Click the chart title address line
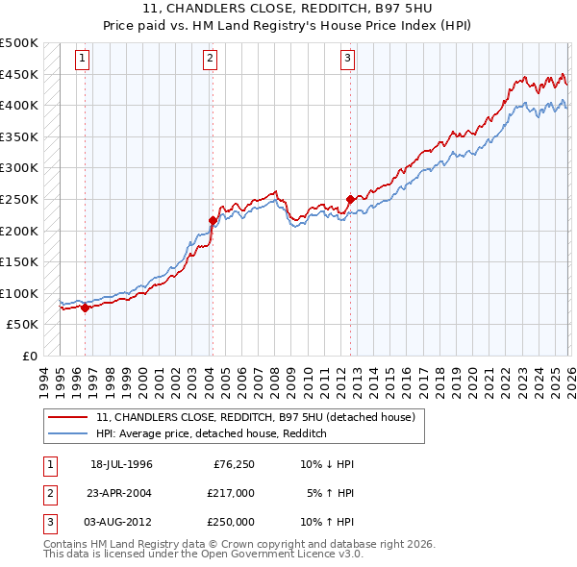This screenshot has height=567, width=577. coord(288,9)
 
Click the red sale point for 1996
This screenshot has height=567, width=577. coord(85,308)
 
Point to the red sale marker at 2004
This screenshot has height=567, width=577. coord(212,220)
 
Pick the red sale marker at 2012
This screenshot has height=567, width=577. coord(350,199)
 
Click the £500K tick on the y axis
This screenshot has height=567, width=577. coord(19,43)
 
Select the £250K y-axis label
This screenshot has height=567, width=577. coord(19,199)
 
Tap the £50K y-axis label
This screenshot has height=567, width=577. coord(23,324)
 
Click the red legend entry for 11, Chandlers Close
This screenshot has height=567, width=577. coord(255,418)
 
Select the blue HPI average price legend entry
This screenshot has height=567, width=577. coord(212,433)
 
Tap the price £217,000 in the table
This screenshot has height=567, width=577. coord(231,493)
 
